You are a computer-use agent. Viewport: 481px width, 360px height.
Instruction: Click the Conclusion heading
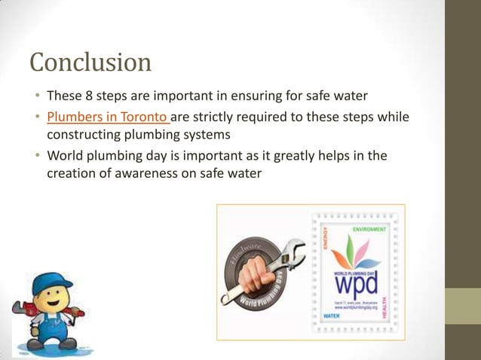(x=90, y=62)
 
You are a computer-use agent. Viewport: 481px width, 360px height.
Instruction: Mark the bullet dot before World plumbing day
(x=36, y=156)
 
